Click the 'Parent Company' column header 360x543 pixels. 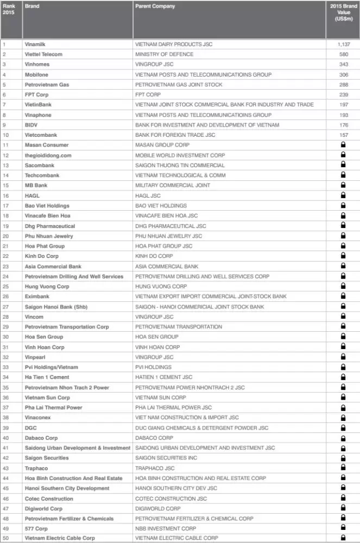155,7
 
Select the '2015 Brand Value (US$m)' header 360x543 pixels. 343,12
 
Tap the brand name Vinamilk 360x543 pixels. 36,44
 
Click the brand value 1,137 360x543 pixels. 343,44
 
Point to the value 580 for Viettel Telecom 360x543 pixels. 343,54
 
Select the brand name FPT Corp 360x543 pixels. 36,94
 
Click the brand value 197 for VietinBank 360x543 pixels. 343,105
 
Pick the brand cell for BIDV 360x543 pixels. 31,125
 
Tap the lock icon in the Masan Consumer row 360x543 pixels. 343,145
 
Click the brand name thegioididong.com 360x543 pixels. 48,155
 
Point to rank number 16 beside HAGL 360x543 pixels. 5,195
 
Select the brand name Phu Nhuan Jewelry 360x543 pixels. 49,236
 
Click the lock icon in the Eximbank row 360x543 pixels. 343,296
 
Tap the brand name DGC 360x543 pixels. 31,428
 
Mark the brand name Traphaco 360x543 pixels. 36,468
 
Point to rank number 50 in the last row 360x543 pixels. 5,538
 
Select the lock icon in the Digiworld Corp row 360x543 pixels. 343,508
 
